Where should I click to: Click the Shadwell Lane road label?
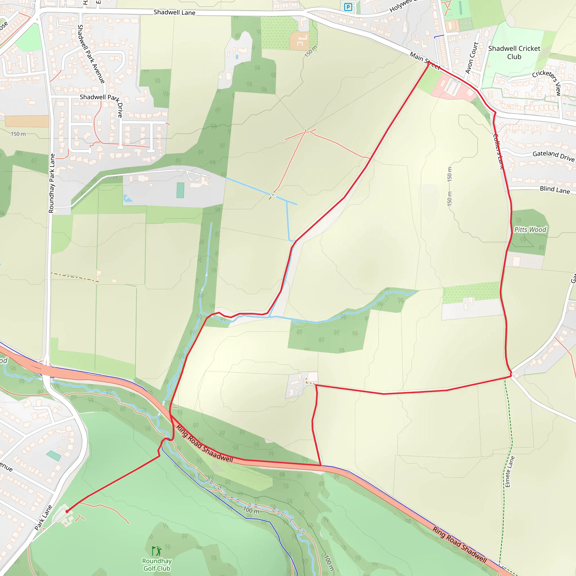point(174,13)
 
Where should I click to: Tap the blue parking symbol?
point(348,7)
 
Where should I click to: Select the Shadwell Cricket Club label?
point(514,53)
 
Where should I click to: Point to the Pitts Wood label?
point(530,229)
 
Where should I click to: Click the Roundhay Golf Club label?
point(157,565)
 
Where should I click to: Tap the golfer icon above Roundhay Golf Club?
point(157,551)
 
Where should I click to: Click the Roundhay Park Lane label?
point(52,183)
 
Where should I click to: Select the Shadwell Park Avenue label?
point(91,54)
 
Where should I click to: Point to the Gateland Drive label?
point(553,156)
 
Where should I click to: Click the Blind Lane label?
point(555,190)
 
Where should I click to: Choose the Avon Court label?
point(472,58)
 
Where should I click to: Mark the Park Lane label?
point(43,517)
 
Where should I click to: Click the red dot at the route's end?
point(67,511)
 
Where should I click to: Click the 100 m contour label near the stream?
point(251,510)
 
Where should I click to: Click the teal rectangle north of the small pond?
point(180,190)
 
